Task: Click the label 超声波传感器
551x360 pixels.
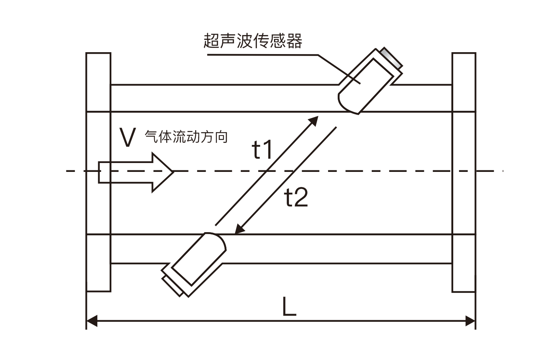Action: [x=253, y=41]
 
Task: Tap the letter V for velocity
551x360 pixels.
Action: [x=128, y=138]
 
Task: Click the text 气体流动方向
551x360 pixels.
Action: [x=186, y=137]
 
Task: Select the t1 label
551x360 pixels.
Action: [x=262, y=150]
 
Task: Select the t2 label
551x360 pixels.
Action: [x=296, y=198]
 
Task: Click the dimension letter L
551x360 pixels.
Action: [x=289, y=307]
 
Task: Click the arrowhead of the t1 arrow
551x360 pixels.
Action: [x=315, y=119]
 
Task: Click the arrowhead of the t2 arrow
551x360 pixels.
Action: [x=239, y=230]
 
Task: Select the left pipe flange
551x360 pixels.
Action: [x=99, y=172]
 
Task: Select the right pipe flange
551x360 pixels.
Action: [x=464, y=172]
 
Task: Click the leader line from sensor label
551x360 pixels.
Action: [x=270, y=55]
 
